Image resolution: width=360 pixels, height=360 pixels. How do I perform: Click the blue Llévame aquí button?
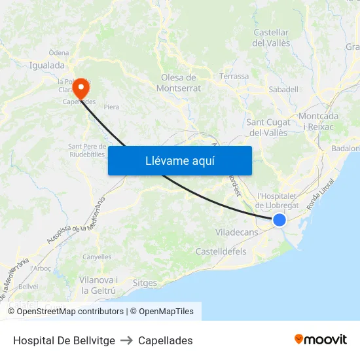179,160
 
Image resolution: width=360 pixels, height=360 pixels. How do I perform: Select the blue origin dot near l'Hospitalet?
279,221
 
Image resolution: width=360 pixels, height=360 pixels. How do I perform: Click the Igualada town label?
47,65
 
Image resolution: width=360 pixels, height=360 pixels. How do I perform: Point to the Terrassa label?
234,76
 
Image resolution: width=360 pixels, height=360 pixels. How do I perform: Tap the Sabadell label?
283,89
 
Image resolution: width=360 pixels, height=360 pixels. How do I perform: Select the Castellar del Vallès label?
271,37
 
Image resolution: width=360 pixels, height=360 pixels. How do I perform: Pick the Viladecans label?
236,232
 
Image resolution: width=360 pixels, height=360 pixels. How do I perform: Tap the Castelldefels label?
221,251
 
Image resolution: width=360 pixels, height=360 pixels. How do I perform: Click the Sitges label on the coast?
145,283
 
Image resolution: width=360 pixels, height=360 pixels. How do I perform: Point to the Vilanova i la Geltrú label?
98,285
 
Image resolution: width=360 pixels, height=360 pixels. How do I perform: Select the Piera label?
111,107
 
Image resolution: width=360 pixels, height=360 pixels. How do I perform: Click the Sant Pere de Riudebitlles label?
88,151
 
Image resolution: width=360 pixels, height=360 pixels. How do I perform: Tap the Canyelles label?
97,257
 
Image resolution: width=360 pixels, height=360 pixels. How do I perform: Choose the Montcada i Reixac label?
319,121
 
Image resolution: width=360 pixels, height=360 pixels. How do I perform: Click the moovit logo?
321,339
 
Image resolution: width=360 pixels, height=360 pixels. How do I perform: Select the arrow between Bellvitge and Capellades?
126,340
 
